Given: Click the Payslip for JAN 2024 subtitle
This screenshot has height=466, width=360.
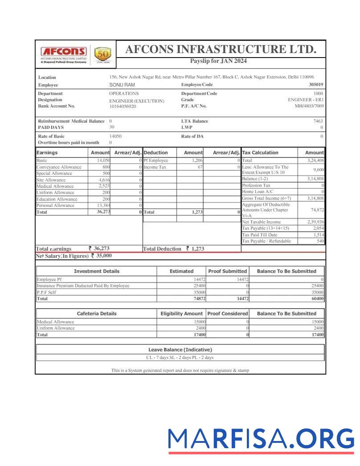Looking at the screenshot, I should coord(218,61).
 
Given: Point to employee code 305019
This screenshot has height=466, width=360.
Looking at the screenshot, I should coord(316,85).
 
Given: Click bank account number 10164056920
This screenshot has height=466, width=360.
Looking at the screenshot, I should coord(123,107).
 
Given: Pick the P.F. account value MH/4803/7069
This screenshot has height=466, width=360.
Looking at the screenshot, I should coord(309,106).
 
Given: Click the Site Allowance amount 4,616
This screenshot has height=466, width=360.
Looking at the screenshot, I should coord(103,180).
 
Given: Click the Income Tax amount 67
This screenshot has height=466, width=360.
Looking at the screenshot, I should coord(200,167).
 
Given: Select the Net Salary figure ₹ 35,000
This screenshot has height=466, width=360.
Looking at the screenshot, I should coord(101,256).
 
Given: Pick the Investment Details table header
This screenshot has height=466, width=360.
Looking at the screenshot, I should coord(96,271).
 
